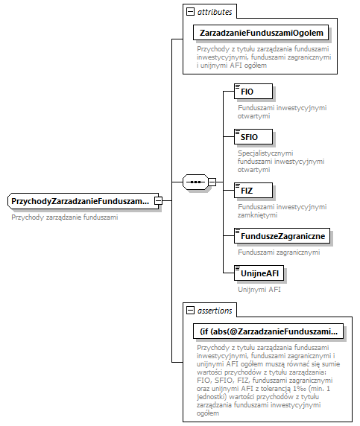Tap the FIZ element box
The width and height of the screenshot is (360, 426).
[253, 190]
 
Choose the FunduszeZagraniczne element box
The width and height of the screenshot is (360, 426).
[282, 236]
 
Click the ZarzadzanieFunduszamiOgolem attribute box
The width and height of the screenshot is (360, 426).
[261, 33]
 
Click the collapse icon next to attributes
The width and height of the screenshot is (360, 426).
[191, 12]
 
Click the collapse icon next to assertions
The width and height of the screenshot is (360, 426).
[191, 310]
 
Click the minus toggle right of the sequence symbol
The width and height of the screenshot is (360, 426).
[212, 181]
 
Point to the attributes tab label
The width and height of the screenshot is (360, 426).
[215, 12]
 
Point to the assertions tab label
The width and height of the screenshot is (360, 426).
[215, 310]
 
